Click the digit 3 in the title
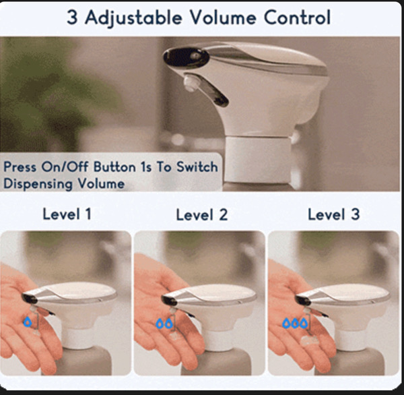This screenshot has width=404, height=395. click(72, 18)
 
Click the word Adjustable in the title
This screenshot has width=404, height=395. click(133, 18)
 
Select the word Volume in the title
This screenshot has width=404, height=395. click(223, 18)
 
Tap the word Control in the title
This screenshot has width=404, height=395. click(298, 18)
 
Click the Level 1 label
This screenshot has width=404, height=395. click(67, 214)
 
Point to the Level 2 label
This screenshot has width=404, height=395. click(202, 214)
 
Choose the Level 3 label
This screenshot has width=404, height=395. click(334, 214)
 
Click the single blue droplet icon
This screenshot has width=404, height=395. click(28, 322)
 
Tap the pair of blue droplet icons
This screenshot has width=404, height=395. click(164, 324)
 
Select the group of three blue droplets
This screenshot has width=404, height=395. click(295, 323)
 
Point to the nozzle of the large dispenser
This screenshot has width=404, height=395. click(191, 82)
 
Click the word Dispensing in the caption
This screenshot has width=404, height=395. click(38, 184)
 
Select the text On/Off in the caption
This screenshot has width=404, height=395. click(66, 166)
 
